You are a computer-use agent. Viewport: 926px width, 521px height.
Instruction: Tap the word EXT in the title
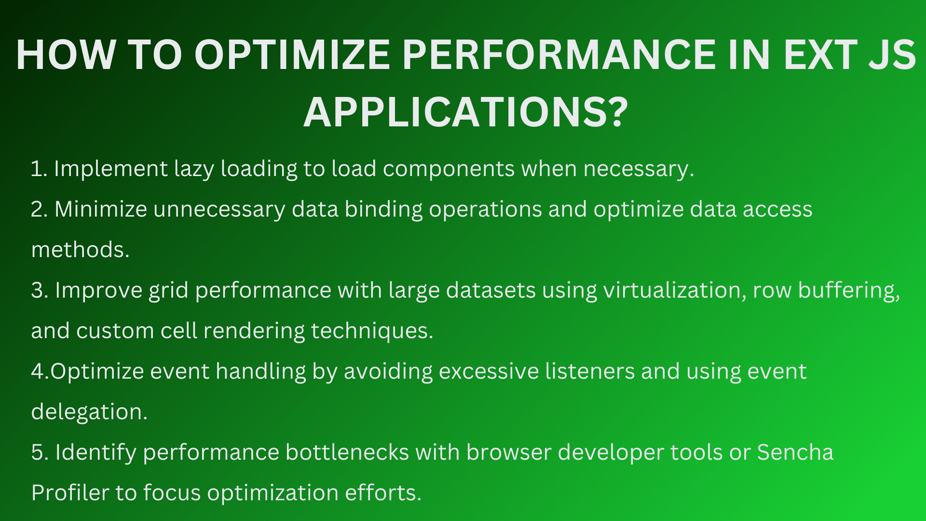pyautogui.click(x=820, y=55)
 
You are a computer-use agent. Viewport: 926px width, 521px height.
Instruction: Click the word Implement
pyautogui.click(x=110, y=169)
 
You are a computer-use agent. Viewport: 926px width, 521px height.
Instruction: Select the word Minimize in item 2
pyautogui.click(x=101, y=209)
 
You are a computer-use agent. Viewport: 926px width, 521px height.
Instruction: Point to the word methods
pyautogui.click(x=80, y=250)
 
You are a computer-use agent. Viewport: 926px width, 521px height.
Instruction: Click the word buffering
pyautogui.click(x=849, y=291)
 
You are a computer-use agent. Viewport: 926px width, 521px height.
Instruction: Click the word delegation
pyautogui.click(x=89, y=412)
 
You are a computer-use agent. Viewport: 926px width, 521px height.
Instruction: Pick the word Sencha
pyautogui.click(x=795, y=452)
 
